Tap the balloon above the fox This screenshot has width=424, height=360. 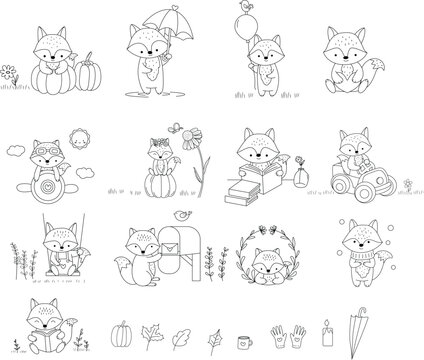click(243, 19)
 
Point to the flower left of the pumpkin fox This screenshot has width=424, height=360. click(10, 73)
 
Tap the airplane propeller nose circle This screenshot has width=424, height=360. click(44, 188)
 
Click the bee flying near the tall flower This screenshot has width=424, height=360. click(177, 130)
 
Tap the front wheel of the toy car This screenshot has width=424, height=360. click(381, 186)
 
